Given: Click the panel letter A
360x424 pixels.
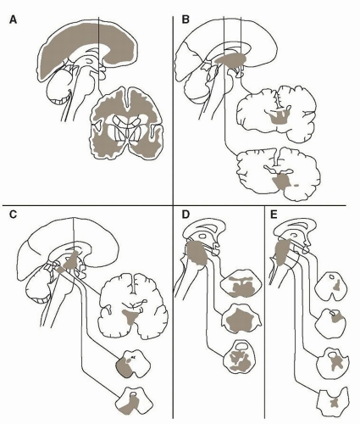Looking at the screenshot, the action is (x=13, y=20).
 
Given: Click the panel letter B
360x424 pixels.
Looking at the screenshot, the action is (x=186, y=20).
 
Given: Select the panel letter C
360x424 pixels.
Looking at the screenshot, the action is (x=13, y=215).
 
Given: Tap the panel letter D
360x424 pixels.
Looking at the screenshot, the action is (x=186, y=215).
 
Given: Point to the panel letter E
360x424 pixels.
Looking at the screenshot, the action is (x=274, y=215).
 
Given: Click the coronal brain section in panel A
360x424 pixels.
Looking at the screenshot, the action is (x=127, y=123).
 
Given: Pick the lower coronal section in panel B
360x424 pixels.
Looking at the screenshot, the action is (x=279, y=174).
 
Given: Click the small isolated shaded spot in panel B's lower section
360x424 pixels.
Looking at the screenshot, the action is (x=296, y=186).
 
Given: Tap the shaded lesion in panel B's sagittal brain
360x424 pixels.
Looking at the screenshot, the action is (x=230, y=59).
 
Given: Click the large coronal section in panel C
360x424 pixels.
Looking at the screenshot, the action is (x=133, y=305).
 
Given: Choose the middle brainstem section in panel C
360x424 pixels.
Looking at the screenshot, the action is (x=133, y=364).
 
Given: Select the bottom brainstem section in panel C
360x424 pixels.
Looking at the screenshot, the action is (x=134, y=401).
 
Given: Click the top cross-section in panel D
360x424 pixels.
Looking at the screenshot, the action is (x=241, y=283).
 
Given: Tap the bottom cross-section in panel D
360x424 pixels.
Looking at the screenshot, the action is (x=240, y=357).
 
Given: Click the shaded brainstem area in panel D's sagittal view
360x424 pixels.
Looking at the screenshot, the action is (x=197, y=253).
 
